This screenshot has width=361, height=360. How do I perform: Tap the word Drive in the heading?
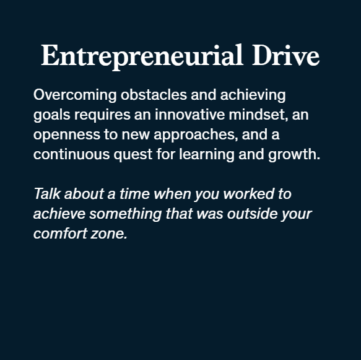click(286, 55)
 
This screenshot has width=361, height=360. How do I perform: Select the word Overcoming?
click(75, 95)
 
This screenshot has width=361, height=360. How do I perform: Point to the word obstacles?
click(154, 94)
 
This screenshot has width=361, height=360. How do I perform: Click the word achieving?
click(253, 95)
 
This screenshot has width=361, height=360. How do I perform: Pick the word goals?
click(52, 115)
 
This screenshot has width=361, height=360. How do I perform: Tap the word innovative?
click(190, 114)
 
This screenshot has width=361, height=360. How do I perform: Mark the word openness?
click(67, 134)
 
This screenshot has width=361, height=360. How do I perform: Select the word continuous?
click(71, 154)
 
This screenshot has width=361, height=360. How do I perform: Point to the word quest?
click(133, 155)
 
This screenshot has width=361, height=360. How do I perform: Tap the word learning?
click(207, 154)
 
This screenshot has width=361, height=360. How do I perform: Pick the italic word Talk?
click(47, 193)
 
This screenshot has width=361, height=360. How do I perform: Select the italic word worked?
click(249, 193)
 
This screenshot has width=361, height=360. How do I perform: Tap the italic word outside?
click(252, 213)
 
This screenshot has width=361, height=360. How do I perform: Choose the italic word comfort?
click(60, 233)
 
